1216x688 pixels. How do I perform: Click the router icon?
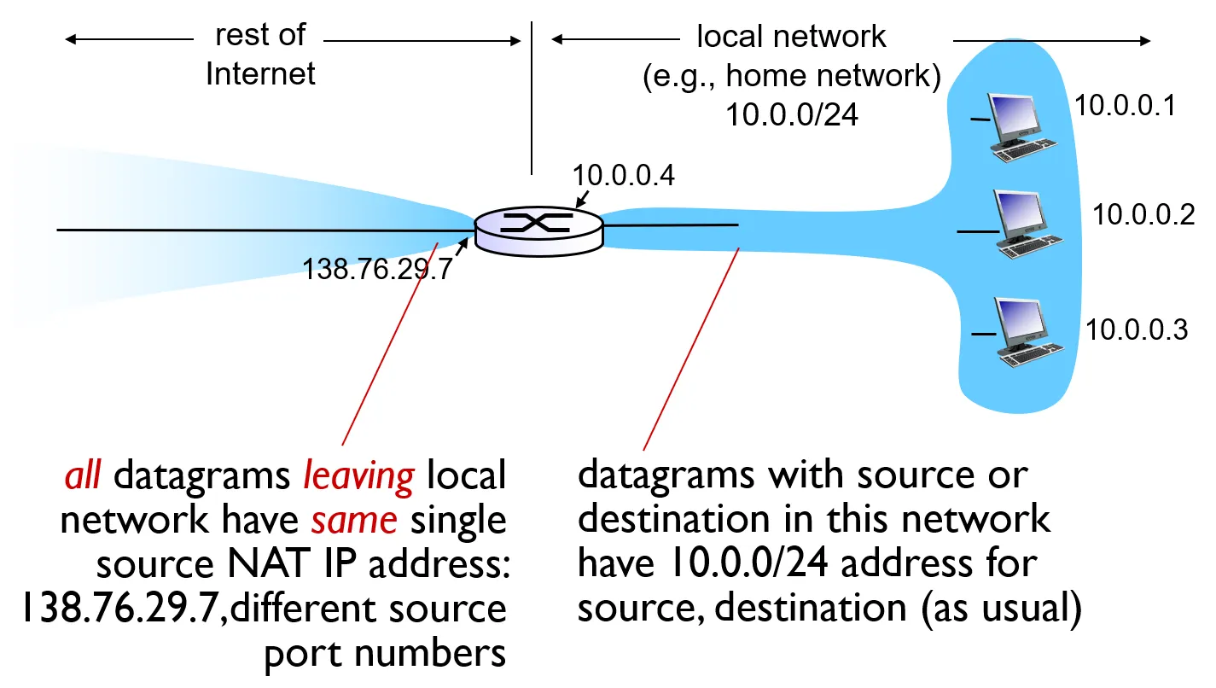(538, 226)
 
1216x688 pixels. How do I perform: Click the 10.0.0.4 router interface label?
(623, 176)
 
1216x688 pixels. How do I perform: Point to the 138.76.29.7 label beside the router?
(376, 271)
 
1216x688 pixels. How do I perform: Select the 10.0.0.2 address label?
(1144, 214)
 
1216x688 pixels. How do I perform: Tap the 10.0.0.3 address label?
(1137, 329)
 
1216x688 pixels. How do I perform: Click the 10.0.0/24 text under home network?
(791, 114)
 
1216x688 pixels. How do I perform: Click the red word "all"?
(84, 475)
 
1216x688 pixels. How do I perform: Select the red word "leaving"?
(359, 475)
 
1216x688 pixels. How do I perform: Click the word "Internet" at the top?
(260, 73)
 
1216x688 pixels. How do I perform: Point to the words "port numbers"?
(385, 653)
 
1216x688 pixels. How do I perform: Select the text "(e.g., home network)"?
(791, 77)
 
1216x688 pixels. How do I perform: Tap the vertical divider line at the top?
(532, 98)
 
